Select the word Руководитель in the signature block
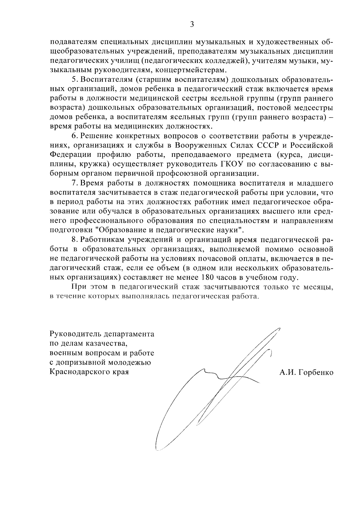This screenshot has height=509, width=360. (75, 334)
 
